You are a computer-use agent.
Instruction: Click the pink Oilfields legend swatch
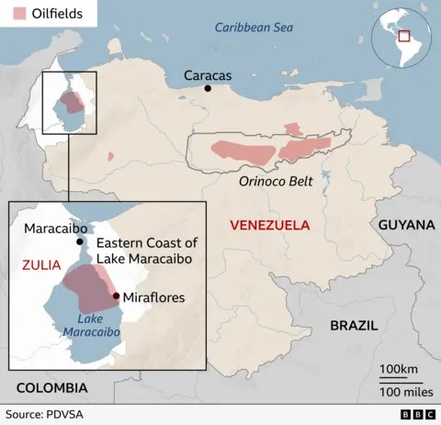(x=17, y=14)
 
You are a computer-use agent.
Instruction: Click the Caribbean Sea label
(x=254, y=28)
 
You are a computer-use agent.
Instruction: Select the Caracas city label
(x=208, y=74)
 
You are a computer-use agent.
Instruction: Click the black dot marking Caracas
(x=209, y=89)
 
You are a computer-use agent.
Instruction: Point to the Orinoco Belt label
(x=276, y=182)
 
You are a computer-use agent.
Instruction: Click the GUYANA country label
(x=405, y=225)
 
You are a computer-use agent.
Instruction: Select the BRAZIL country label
(x=354, y=325)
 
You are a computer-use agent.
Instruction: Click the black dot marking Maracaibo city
(x=81, y=242)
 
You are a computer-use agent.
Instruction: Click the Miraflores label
(x=153, y=297)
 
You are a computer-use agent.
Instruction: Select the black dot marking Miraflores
(x=116, y=296)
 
